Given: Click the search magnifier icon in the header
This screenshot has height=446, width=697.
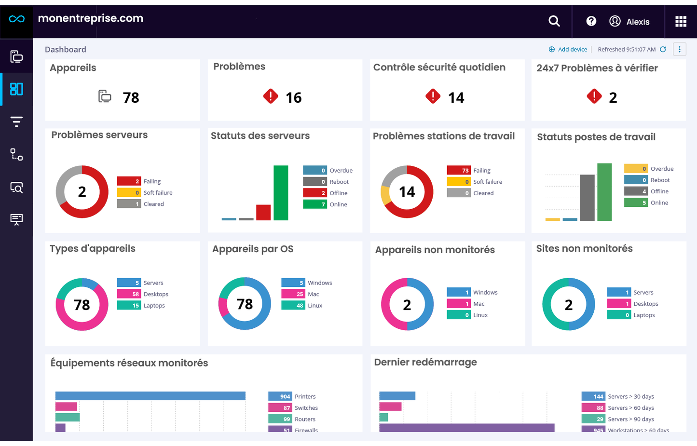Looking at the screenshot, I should coord(554,21).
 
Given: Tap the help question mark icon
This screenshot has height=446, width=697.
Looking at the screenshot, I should coord(591,21).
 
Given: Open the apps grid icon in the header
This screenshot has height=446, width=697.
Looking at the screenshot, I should coord(681,21).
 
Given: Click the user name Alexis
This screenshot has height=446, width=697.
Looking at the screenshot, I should coord(638,22).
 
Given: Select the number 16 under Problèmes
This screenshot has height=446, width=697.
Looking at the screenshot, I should coord(293,98).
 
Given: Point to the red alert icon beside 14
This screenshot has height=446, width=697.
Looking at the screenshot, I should coord(433,96).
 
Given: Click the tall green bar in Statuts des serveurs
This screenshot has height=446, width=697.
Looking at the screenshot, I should coord(281,193).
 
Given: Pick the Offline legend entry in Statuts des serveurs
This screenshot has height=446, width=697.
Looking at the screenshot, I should coord(338,193).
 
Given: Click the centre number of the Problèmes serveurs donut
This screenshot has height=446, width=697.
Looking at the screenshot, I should coord(82,192).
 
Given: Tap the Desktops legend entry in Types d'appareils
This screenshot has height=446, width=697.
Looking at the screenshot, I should coord(156,294).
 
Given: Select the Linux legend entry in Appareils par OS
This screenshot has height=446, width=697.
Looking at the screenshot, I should coord(314,306).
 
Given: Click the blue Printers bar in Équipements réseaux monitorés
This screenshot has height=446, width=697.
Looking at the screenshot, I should coord(150,396).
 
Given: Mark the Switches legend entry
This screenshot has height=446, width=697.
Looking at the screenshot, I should coord(306,408).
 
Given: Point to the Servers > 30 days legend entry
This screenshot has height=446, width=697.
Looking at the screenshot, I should coord(630,396).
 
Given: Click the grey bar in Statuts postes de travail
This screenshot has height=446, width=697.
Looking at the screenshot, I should coord(587,198).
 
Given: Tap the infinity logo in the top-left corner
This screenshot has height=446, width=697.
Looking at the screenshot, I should coord(16,19).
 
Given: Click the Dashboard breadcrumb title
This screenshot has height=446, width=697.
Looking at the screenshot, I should coord(66,49).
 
